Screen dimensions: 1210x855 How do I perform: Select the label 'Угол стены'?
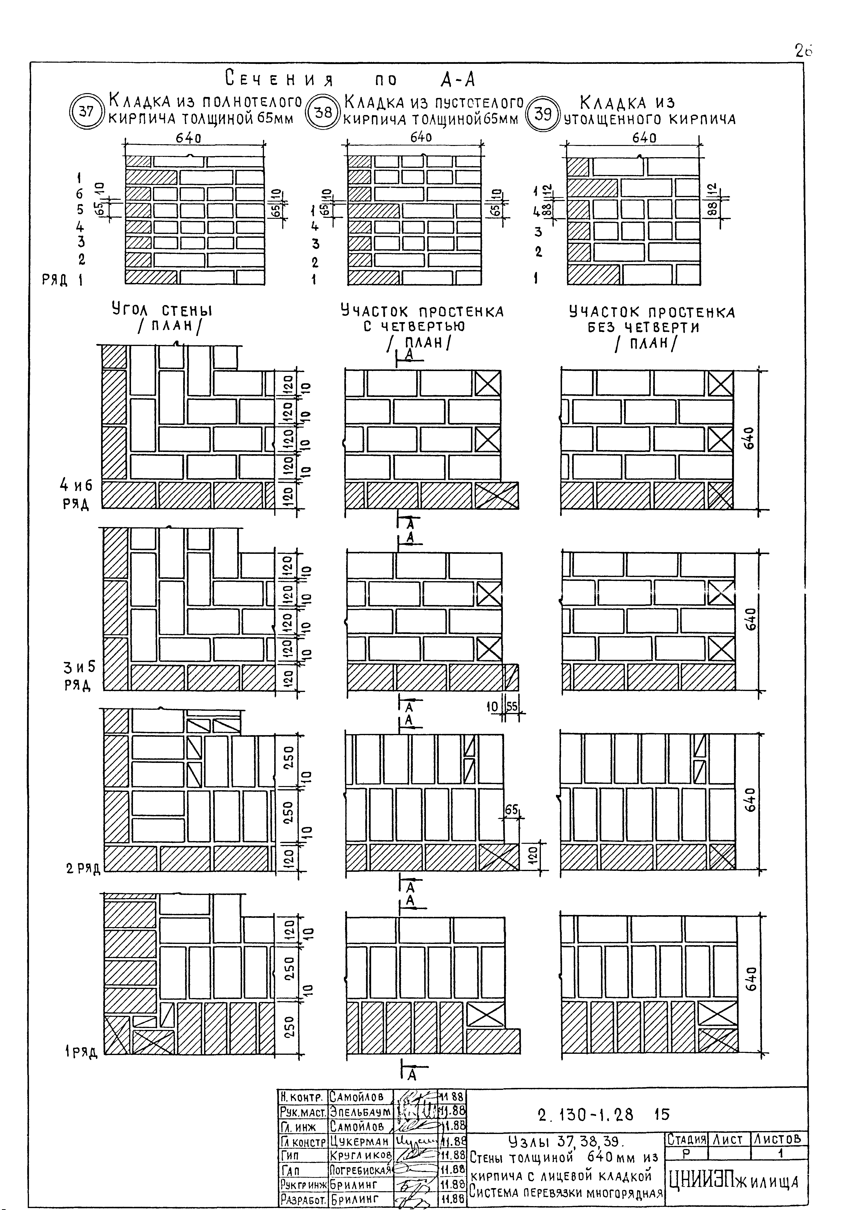click(x=162, y=311)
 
